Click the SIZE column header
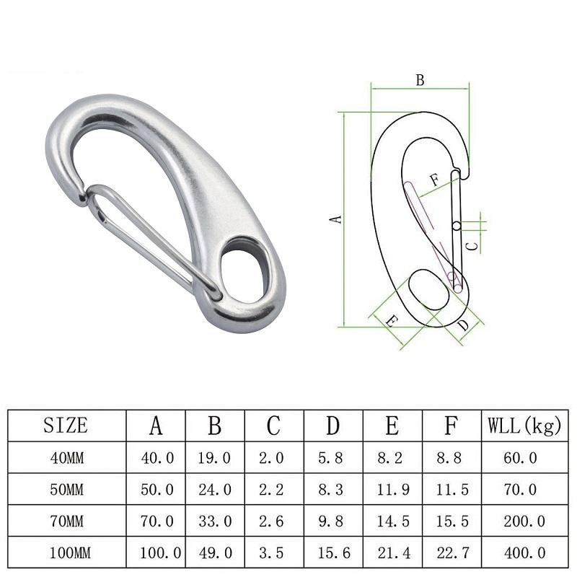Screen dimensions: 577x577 click(x=66, y=426)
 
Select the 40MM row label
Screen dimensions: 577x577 click(x=66, y=458)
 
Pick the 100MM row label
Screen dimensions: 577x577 click(x=66, y=553)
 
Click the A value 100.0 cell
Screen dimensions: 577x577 click(x=156, y=553)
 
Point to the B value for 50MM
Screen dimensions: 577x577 click(x=214, y=490)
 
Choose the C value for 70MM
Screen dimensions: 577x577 click(x=273, y=521)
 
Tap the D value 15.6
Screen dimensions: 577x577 click(x=332, y=553)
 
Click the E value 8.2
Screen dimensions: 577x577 click(x=392, y=458)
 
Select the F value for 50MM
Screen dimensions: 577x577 click(x=450, y=490)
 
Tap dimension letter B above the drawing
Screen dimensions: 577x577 click(x=420, y=81)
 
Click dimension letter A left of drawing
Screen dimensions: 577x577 click(x=334, y=218)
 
